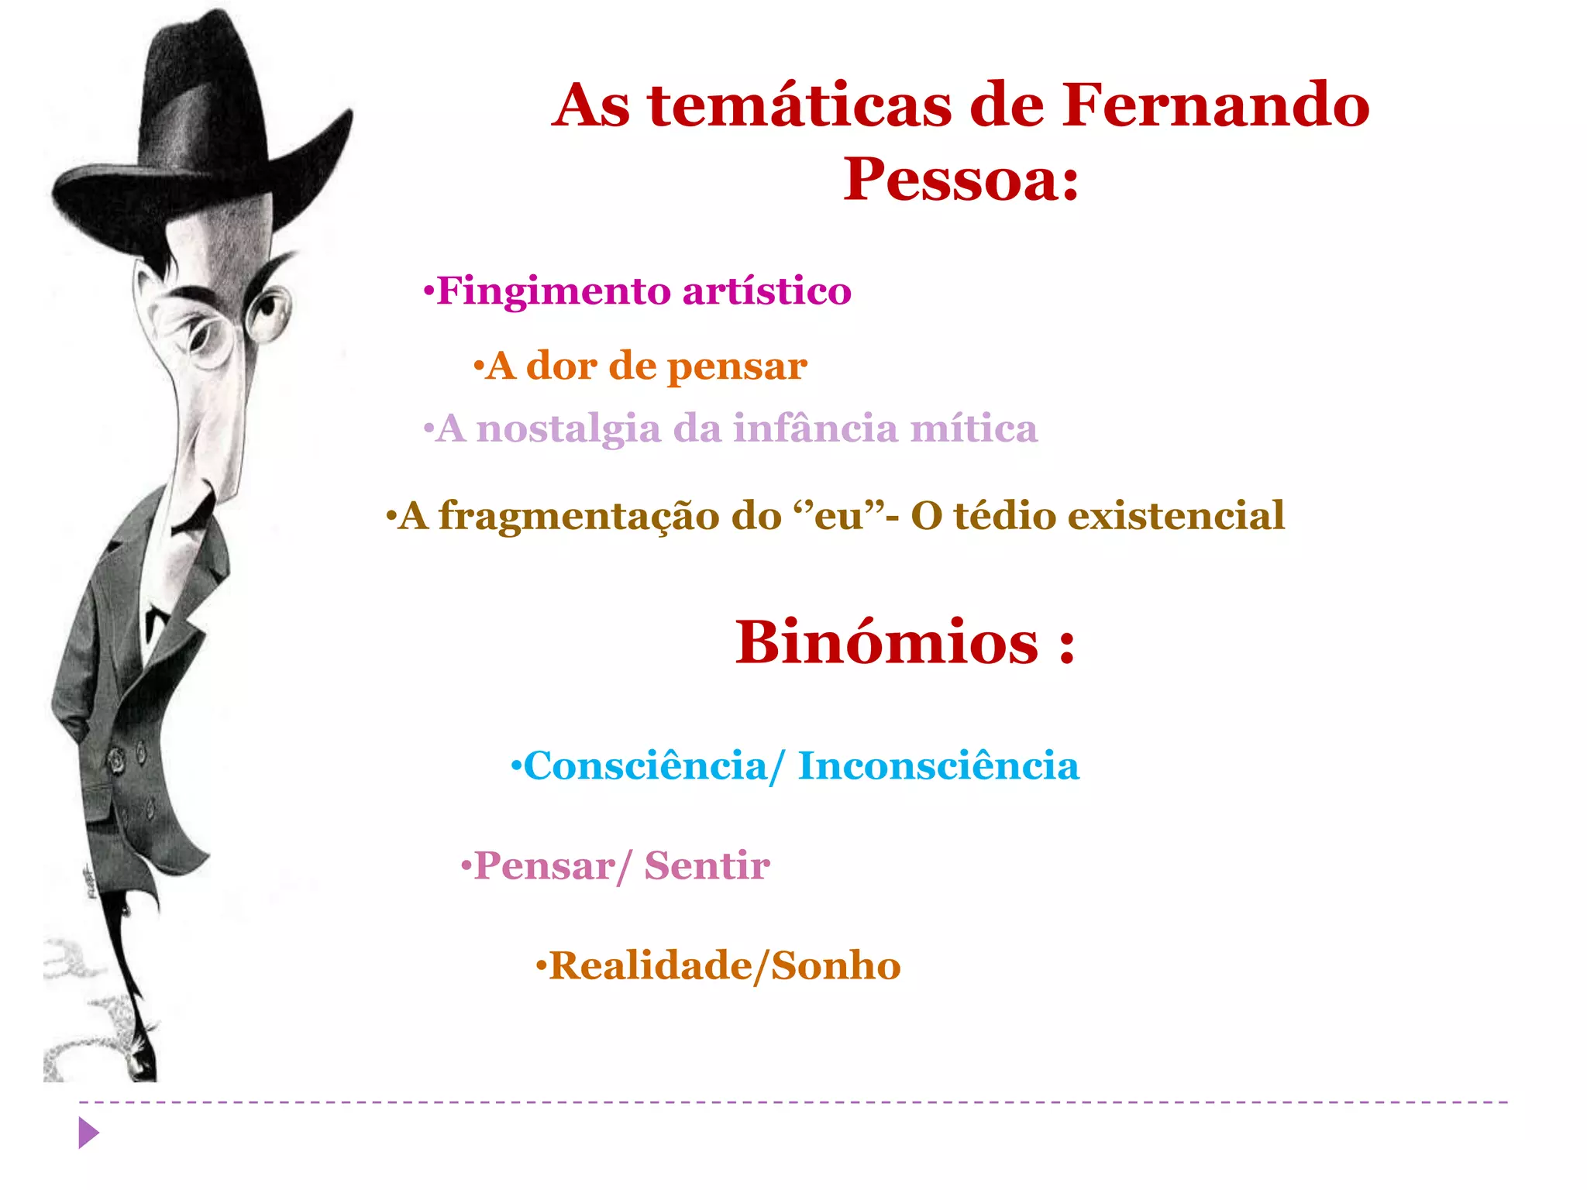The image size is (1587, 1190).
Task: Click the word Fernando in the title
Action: [1215, 106]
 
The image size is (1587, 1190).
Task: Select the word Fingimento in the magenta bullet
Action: [553, 292]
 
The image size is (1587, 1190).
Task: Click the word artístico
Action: [766, 292]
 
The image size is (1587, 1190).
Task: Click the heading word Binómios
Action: [886, 643]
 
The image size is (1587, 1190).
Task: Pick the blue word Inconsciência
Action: [938, 766]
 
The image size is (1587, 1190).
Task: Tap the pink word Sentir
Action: [707, 866]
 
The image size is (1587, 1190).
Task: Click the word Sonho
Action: [836, 966]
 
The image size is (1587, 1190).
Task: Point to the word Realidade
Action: [649, 966]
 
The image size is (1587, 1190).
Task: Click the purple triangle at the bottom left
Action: [88, 1133]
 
